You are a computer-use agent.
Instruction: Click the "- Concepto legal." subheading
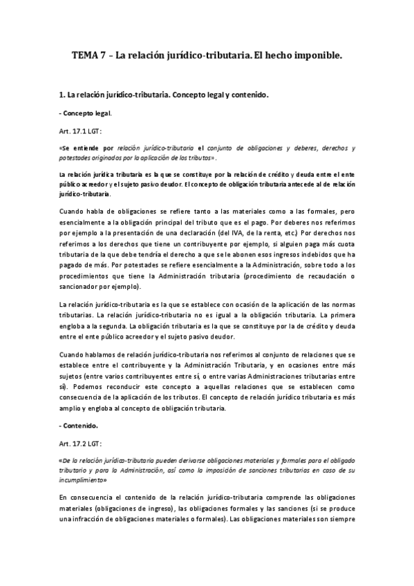[86, 112]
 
